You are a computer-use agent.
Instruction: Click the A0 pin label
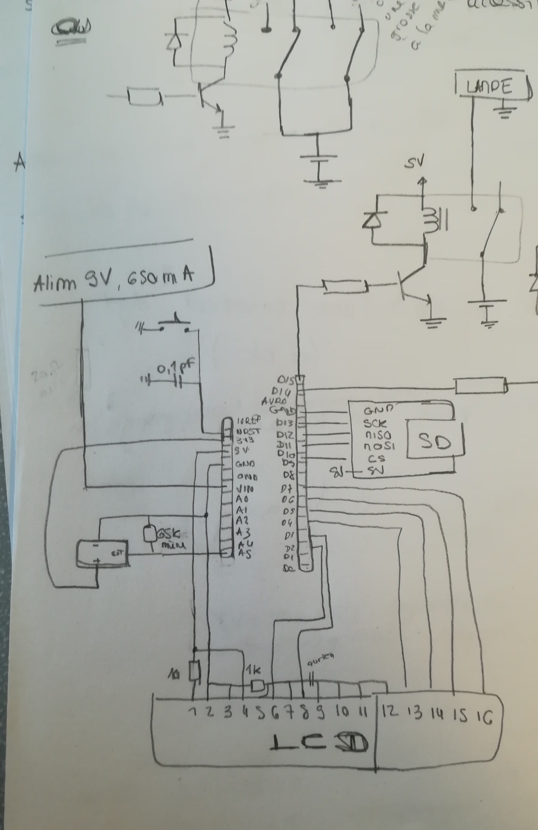242,499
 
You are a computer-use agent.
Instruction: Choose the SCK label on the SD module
376,424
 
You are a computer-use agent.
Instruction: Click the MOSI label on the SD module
379,446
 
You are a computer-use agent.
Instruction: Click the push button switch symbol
173,325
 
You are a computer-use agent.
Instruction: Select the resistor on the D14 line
481,386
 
